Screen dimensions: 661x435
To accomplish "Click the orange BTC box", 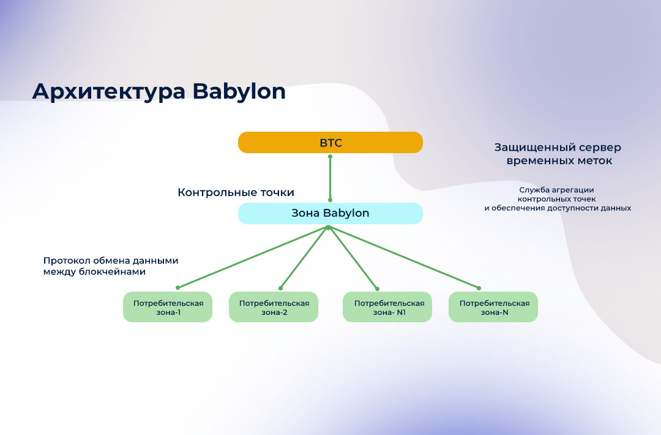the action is point(330,142).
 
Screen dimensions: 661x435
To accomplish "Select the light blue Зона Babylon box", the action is point(330,213).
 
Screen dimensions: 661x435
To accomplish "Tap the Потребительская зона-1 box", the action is point(167,307).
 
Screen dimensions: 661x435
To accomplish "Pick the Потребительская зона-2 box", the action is point(273,307).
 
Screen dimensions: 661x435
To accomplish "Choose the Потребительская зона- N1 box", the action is point(387,307).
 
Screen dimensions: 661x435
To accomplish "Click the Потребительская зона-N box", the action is point(493,307).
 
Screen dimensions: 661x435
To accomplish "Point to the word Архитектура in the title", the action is point(109,91).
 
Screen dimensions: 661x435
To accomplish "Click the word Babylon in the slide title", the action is point(239,91).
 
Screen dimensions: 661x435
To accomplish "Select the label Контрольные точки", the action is point(236,192).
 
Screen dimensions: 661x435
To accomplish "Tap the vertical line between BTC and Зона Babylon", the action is point(330,178).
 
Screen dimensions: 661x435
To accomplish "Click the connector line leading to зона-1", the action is point(253,257).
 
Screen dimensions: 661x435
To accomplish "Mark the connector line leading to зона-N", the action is point(403,258).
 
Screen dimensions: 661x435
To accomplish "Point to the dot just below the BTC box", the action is point(330,156).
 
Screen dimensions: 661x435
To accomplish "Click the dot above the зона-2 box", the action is point(281,288).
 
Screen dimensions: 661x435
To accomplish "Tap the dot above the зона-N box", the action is point(479,288).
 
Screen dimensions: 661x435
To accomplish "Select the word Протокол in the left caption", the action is point(67,260).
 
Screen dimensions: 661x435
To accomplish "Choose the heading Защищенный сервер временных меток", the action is point(558,154).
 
